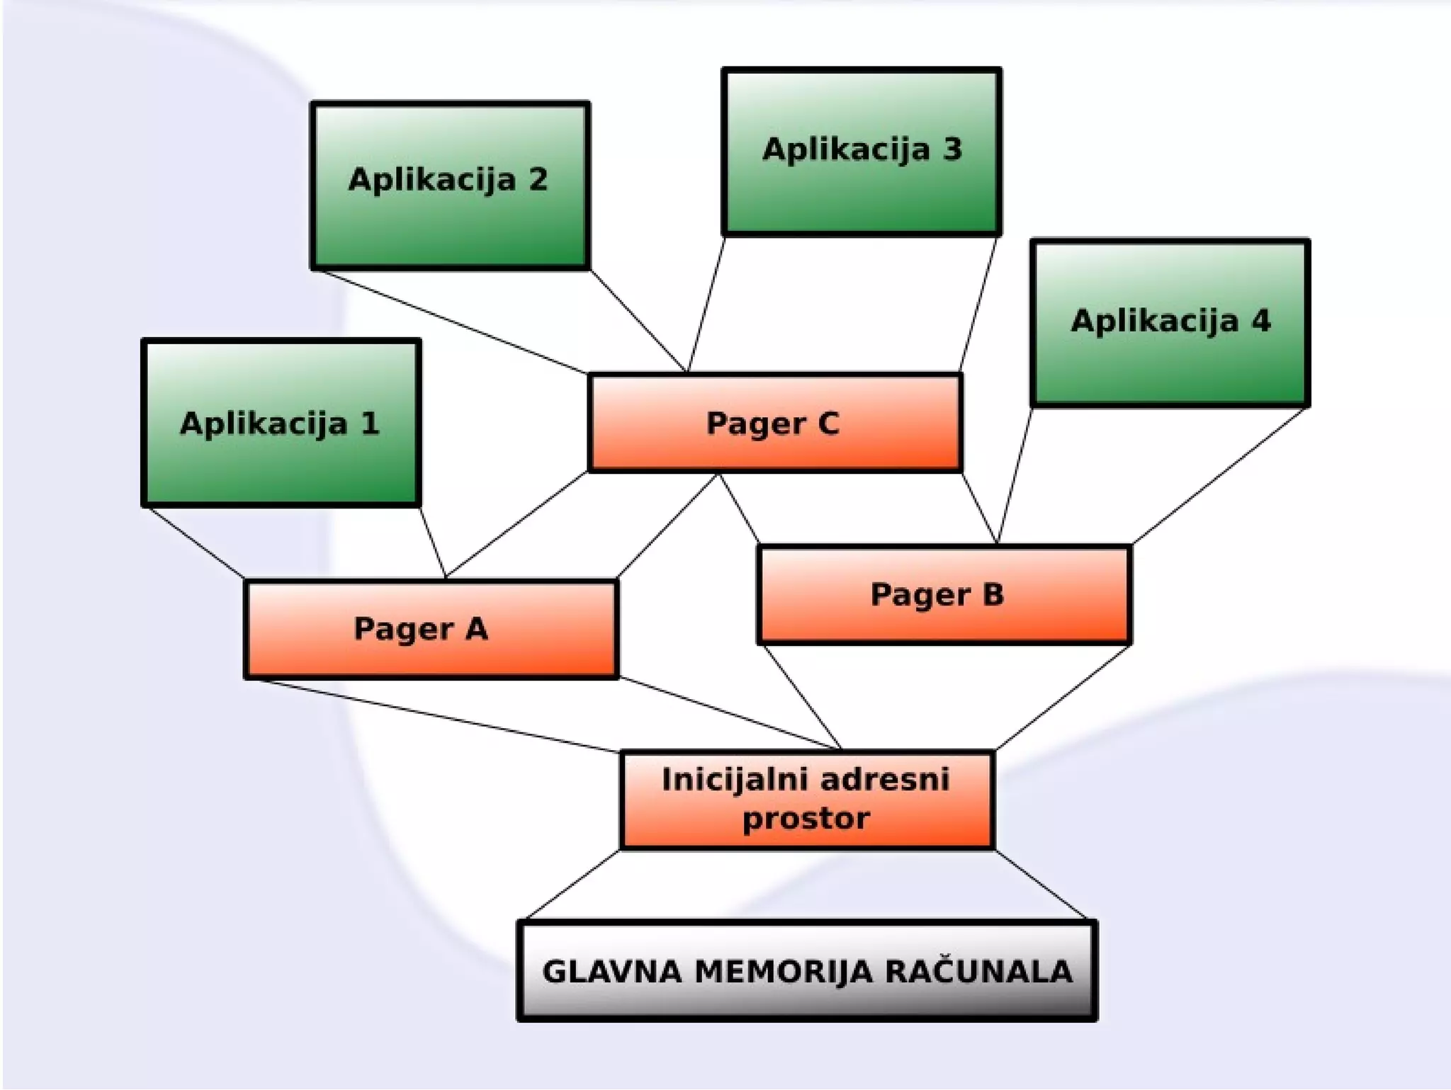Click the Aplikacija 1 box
281,423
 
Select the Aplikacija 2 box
450,186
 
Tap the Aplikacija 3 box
862,152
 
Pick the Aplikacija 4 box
1170,323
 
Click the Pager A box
431,629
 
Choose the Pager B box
944,594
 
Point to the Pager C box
774,423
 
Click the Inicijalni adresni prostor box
807,799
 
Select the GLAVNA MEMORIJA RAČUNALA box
807,970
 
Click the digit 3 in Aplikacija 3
952,149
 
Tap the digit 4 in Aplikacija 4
1260,321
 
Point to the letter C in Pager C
828,424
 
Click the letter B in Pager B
993,594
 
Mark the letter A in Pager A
476,629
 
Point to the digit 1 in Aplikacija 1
369,424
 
